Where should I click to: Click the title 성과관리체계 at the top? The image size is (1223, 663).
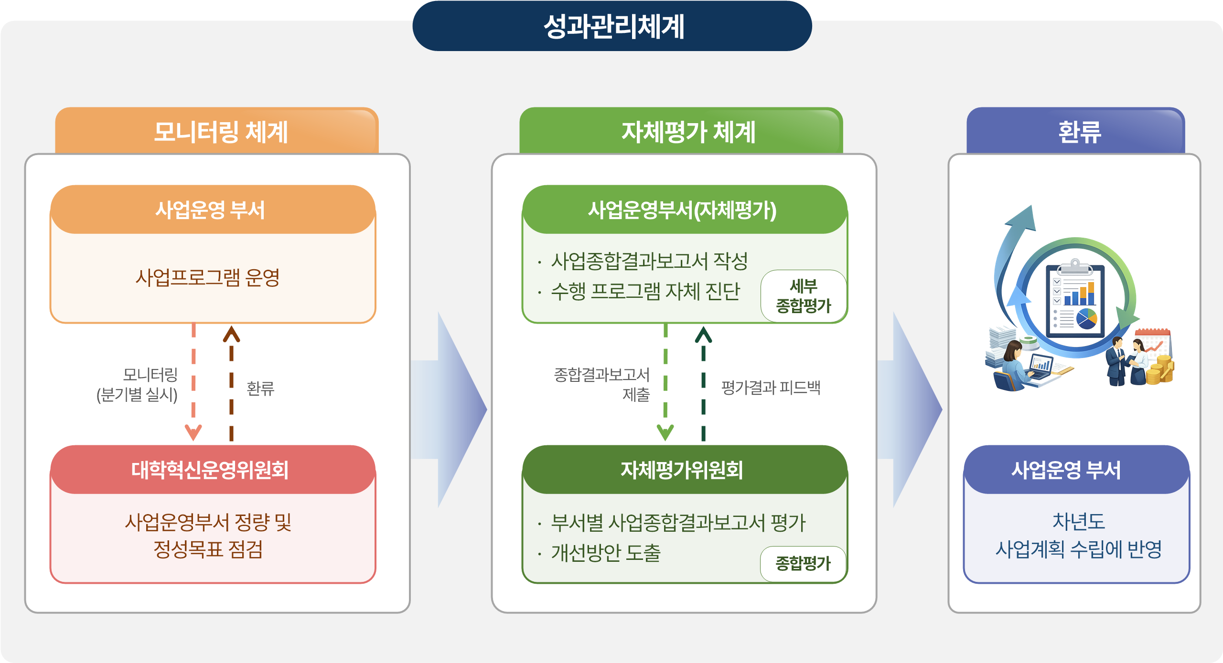613,27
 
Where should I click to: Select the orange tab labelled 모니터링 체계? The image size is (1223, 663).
220,132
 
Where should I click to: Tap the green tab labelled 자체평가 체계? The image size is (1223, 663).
688,132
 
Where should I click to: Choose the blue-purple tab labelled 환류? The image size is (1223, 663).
1079,132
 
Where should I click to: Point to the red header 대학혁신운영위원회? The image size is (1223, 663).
210,470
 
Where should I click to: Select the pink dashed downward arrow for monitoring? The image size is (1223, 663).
193,382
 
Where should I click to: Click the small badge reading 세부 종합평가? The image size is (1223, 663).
804,296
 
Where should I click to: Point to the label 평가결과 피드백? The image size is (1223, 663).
771,388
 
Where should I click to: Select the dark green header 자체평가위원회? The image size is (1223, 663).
682,470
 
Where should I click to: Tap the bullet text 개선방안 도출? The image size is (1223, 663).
606,553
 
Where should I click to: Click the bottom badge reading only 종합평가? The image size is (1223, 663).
803,564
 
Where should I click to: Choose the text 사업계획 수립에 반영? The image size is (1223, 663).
1079,549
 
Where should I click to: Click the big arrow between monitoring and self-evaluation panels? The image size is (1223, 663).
454,410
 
